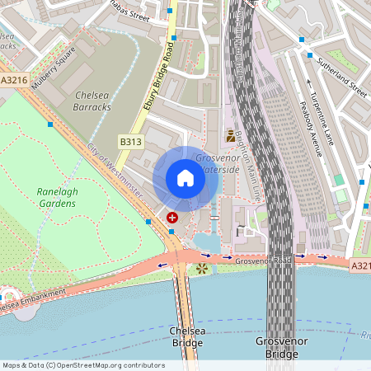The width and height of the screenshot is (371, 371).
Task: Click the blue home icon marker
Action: click(185, 178)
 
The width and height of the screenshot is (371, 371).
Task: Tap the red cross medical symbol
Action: click(172, 218)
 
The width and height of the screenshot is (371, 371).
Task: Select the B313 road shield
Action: click(129, 142)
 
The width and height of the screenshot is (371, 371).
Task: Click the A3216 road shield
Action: click(13, 81)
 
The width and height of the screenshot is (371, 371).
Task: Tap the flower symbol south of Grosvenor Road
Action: click(202, 269)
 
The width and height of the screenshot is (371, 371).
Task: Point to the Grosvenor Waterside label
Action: click(218, 163)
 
